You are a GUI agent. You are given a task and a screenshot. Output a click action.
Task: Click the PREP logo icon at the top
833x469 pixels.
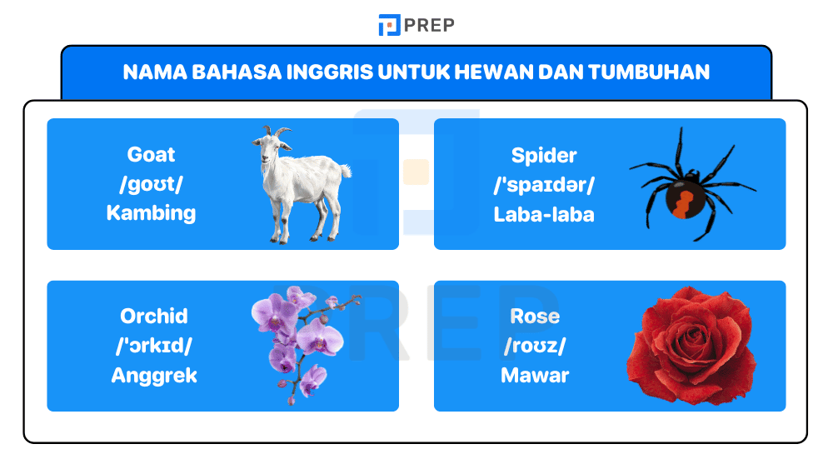pos(389,25)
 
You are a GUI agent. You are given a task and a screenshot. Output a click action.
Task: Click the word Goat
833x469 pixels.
pos(151,155)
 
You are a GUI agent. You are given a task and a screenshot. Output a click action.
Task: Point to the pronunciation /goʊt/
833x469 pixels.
pos(151,184)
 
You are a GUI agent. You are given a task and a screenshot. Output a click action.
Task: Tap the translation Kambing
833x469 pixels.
pos(151,213)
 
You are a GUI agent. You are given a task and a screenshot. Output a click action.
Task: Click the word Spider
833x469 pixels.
pos(544,156)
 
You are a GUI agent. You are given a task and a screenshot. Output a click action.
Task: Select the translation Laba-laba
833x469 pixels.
pos(544,214)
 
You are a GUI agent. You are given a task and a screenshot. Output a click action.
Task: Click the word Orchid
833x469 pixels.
pos(154,317)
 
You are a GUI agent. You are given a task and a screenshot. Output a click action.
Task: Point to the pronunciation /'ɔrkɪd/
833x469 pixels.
pos(154,346)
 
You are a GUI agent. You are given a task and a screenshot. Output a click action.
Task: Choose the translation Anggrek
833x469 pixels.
pos(154,376)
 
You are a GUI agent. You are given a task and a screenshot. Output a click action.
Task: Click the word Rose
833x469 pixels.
pos(535,317)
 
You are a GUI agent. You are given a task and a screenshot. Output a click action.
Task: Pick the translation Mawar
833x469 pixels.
pos(535,376)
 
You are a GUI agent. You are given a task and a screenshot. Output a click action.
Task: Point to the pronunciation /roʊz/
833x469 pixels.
pos(535,346)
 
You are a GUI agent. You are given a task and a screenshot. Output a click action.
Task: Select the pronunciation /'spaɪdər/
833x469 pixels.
pos(544,185)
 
